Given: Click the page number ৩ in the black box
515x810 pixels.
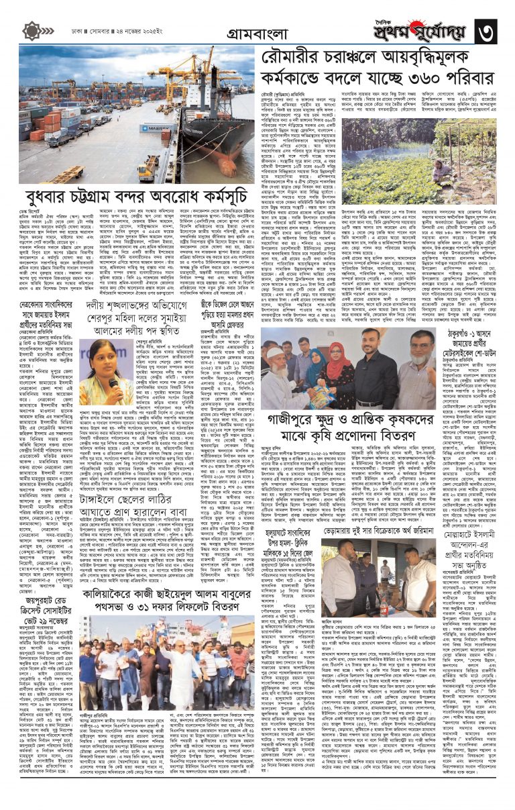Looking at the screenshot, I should pyautogui.click(x=491, y=29).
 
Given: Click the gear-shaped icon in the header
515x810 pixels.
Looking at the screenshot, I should pyautogui.click(x=31, y=30).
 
